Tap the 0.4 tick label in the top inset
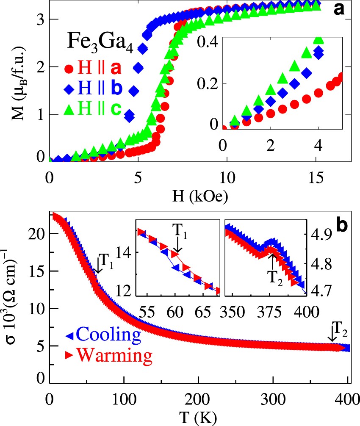208,42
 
